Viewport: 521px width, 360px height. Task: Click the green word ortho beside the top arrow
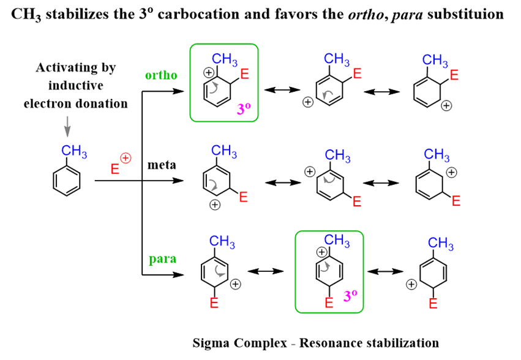[161, 75]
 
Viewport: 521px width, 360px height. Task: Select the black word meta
[161, 165]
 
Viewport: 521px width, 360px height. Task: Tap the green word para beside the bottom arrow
[161, 258]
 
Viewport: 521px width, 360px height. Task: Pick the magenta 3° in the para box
[350, 297]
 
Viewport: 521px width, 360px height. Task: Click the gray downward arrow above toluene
[67, 130]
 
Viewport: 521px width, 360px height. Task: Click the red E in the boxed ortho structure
[245, 76]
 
